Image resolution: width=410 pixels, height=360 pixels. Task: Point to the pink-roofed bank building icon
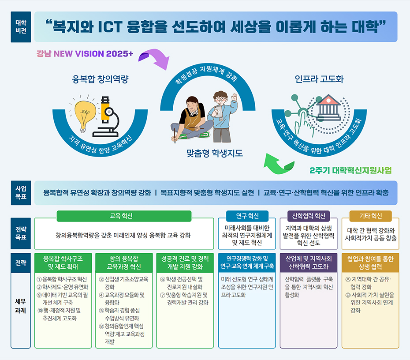(328, 107)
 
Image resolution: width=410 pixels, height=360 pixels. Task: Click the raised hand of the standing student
(235, 97)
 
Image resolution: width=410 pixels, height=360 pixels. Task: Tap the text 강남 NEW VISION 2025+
(85, 54)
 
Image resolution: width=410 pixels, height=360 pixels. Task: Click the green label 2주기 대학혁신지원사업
(350, 171)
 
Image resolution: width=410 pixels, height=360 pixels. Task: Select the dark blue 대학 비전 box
(21, 27)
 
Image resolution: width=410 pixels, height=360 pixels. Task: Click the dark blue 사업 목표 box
(21, 193)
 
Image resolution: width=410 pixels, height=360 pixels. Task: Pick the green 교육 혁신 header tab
(124, 216)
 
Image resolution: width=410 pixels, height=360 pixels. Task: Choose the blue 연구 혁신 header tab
(247, 216)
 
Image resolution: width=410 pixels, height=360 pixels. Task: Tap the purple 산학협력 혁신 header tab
(309, 216)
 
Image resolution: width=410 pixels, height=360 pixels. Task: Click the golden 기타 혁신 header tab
(370, 216)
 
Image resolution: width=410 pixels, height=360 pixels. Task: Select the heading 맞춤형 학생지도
(215, 153)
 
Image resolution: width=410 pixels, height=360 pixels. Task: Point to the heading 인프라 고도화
(319, 79)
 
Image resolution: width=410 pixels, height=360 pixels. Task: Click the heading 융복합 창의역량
(100, 79)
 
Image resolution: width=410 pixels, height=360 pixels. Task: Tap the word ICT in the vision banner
(110, 27)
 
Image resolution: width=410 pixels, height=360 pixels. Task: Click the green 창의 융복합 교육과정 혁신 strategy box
(124, 262)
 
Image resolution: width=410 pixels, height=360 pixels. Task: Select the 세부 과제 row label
(20, 306)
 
